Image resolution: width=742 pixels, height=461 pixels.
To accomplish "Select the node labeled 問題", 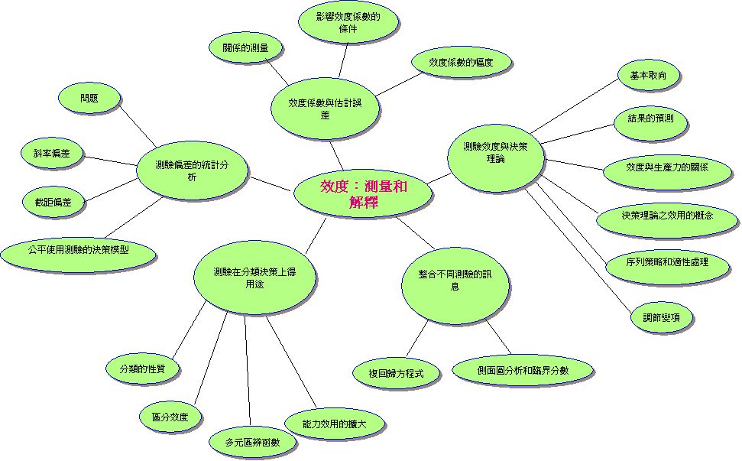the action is tap(89, 99).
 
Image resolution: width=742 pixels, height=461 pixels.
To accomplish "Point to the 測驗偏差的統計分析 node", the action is tap(192, 170).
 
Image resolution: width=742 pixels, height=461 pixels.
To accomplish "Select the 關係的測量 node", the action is tap(245, 48).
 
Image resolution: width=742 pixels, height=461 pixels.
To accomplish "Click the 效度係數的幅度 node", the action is tap(461, 63).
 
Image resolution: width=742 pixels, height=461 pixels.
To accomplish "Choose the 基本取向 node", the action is tap(648, 76).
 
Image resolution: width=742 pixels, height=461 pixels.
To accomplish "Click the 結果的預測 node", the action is tap(650, 119).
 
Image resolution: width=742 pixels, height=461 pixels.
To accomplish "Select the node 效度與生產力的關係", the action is tap(666, 167).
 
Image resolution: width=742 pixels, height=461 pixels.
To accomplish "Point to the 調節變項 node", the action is tap(662, 317).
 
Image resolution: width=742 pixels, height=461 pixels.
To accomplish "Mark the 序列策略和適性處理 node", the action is tap(667, 262).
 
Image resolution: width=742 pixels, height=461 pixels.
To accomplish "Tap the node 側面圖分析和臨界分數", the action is tap(523, 370).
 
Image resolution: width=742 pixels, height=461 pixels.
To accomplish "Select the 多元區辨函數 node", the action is tap(251, 443).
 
